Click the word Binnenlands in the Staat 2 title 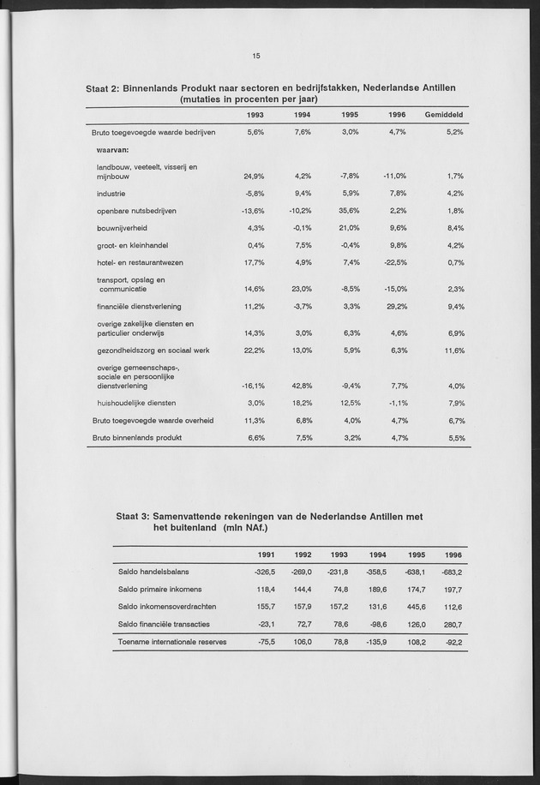tap(159, 87)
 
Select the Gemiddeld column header tap(444, 115)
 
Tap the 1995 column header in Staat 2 tap(348, 115)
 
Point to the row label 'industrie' tap(111, 194)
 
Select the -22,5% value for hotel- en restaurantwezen tap(394, 262)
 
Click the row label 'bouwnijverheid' tap(123, 228)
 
